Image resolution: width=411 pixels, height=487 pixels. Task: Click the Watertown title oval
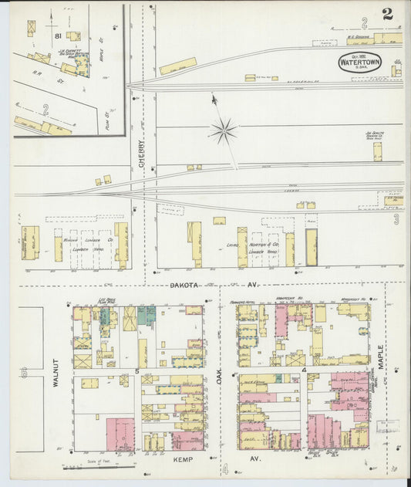point(359,63)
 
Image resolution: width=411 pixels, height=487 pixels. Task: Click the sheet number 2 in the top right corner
point(386,14)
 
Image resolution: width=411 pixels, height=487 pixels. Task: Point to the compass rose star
point(223,130)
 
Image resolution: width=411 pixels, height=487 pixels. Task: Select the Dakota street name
point(184,285)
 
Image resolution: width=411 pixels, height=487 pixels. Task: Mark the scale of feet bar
point(87,466)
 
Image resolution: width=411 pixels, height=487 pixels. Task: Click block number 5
point(136,372)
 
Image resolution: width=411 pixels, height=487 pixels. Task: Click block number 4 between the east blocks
point(305,372)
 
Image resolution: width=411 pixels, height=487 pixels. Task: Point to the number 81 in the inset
point(57,36)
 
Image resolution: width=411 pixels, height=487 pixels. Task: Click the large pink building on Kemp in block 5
point(120,433)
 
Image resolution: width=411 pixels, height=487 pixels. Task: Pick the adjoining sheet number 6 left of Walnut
point(24,373)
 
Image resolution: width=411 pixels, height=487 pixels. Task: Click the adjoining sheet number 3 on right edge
point(396,219)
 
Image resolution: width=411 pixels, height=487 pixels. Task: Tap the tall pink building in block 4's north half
point(281,320)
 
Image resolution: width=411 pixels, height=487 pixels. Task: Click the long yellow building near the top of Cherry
point(177,66)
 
